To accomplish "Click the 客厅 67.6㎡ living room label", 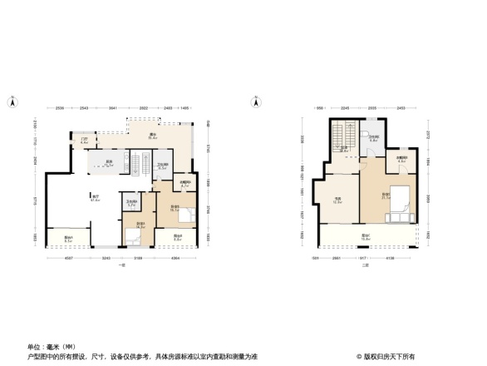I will click(x=96, y=199).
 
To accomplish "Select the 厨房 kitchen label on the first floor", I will click(x=109, y=163).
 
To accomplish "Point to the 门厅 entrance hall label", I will click(x=84, y=141).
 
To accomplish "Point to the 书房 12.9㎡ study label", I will click(x=338, y=200).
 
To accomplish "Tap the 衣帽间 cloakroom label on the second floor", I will click(x=401, y=159).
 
